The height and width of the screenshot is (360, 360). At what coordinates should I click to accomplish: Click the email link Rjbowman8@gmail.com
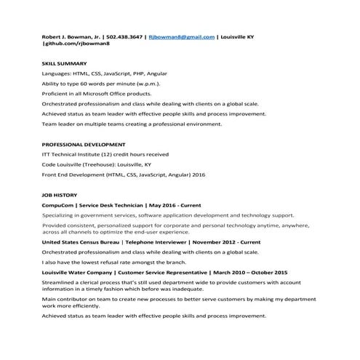coord(181,36)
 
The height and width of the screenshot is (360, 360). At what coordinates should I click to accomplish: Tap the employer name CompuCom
coord(58,206)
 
